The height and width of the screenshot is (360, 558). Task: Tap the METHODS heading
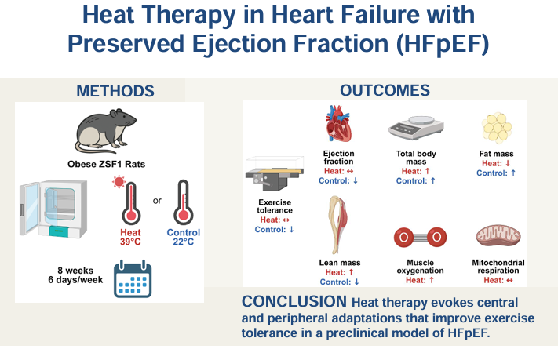pyautogui.click(x=115, y=90)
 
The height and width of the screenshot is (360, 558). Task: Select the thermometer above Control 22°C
pyautogui.click(x=184, y=202)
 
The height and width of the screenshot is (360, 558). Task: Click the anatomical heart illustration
pyautogui.click(x=339, y=125)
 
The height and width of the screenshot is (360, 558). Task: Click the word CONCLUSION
pyautogui.click(x=295, y=302)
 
